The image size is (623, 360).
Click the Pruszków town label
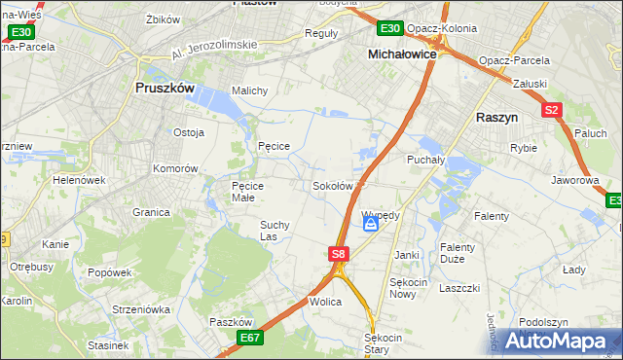(x=164, y=88)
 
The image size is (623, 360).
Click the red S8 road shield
(x=338, y=254)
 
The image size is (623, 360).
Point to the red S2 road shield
(x=552, y=110)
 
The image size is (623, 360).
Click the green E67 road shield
(x=250, y=338)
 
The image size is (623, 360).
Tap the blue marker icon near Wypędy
(x=371, y=225)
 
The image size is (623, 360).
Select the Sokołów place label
(x=332, y=186)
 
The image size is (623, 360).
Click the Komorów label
(x=175, y=168)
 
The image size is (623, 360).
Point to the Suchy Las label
(x=274, y=231)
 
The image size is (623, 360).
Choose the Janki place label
(x=406, y=255)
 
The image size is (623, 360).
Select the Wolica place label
(x=325, y=303)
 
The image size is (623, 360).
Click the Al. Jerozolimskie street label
(x=212, y=51)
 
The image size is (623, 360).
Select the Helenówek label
(x=79, y=180)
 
